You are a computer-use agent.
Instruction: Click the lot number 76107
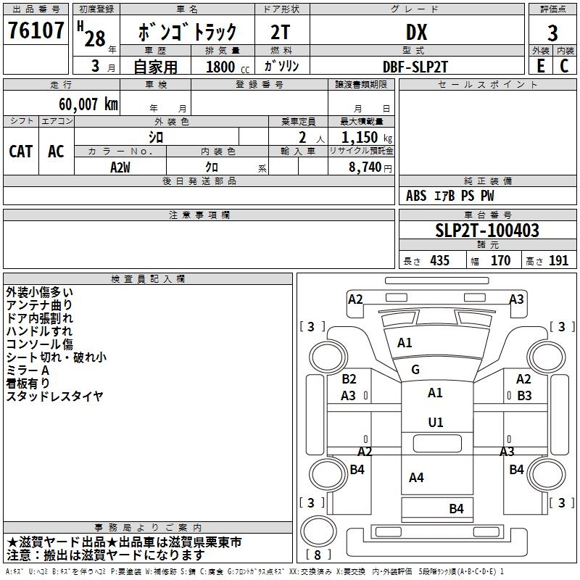36,30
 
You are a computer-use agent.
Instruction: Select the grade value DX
416,32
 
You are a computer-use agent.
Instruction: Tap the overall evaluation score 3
552,33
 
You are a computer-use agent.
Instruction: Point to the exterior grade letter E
540,66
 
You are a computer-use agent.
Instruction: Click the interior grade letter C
564,66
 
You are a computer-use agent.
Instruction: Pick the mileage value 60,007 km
88,104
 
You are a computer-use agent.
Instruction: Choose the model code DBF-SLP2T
415,67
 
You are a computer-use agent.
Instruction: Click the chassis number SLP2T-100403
487,230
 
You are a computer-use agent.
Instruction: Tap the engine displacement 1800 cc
228,67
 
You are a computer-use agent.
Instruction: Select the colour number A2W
120,167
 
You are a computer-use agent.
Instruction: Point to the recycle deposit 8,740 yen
370,167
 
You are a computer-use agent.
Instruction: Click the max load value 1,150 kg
367,138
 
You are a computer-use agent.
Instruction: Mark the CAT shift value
21,152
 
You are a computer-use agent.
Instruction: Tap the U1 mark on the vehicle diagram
436,422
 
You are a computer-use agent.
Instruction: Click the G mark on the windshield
415,369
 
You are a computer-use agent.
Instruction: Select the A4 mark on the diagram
416,478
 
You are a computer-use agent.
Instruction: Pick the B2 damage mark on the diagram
349,378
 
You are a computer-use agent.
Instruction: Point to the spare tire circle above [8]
318,531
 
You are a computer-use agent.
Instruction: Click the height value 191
558,260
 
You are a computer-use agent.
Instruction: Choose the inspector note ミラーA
28,370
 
